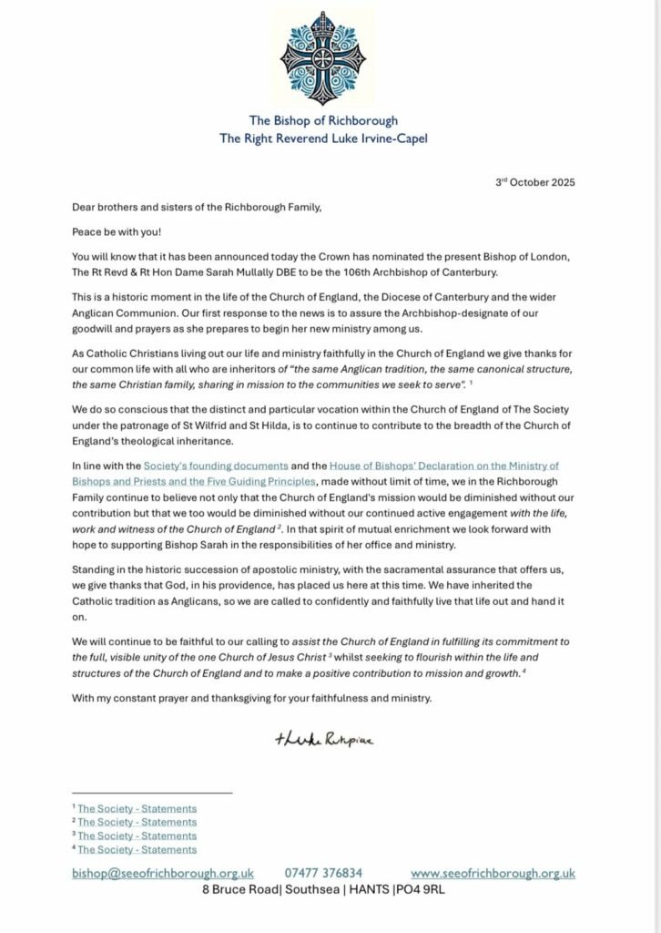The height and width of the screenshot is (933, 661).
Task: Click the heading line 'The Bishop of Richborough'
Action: point(323,121)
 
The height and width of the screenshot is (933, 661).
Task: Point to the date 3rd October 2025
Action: point(534,182)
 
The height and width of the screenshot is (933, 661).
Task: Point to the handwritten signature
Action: point(323,739)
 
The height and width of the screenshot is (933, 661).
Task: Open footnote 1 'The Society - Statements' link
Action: point(137,808)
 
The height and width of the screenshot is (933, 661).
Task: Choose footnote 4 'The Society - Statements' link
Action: point(137,849)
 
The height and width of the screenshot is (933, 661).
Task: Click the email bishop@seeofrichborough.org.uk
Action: point(162,873)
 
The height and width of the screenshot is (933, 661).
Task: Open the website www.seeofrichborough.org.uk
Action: point(493,873)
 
